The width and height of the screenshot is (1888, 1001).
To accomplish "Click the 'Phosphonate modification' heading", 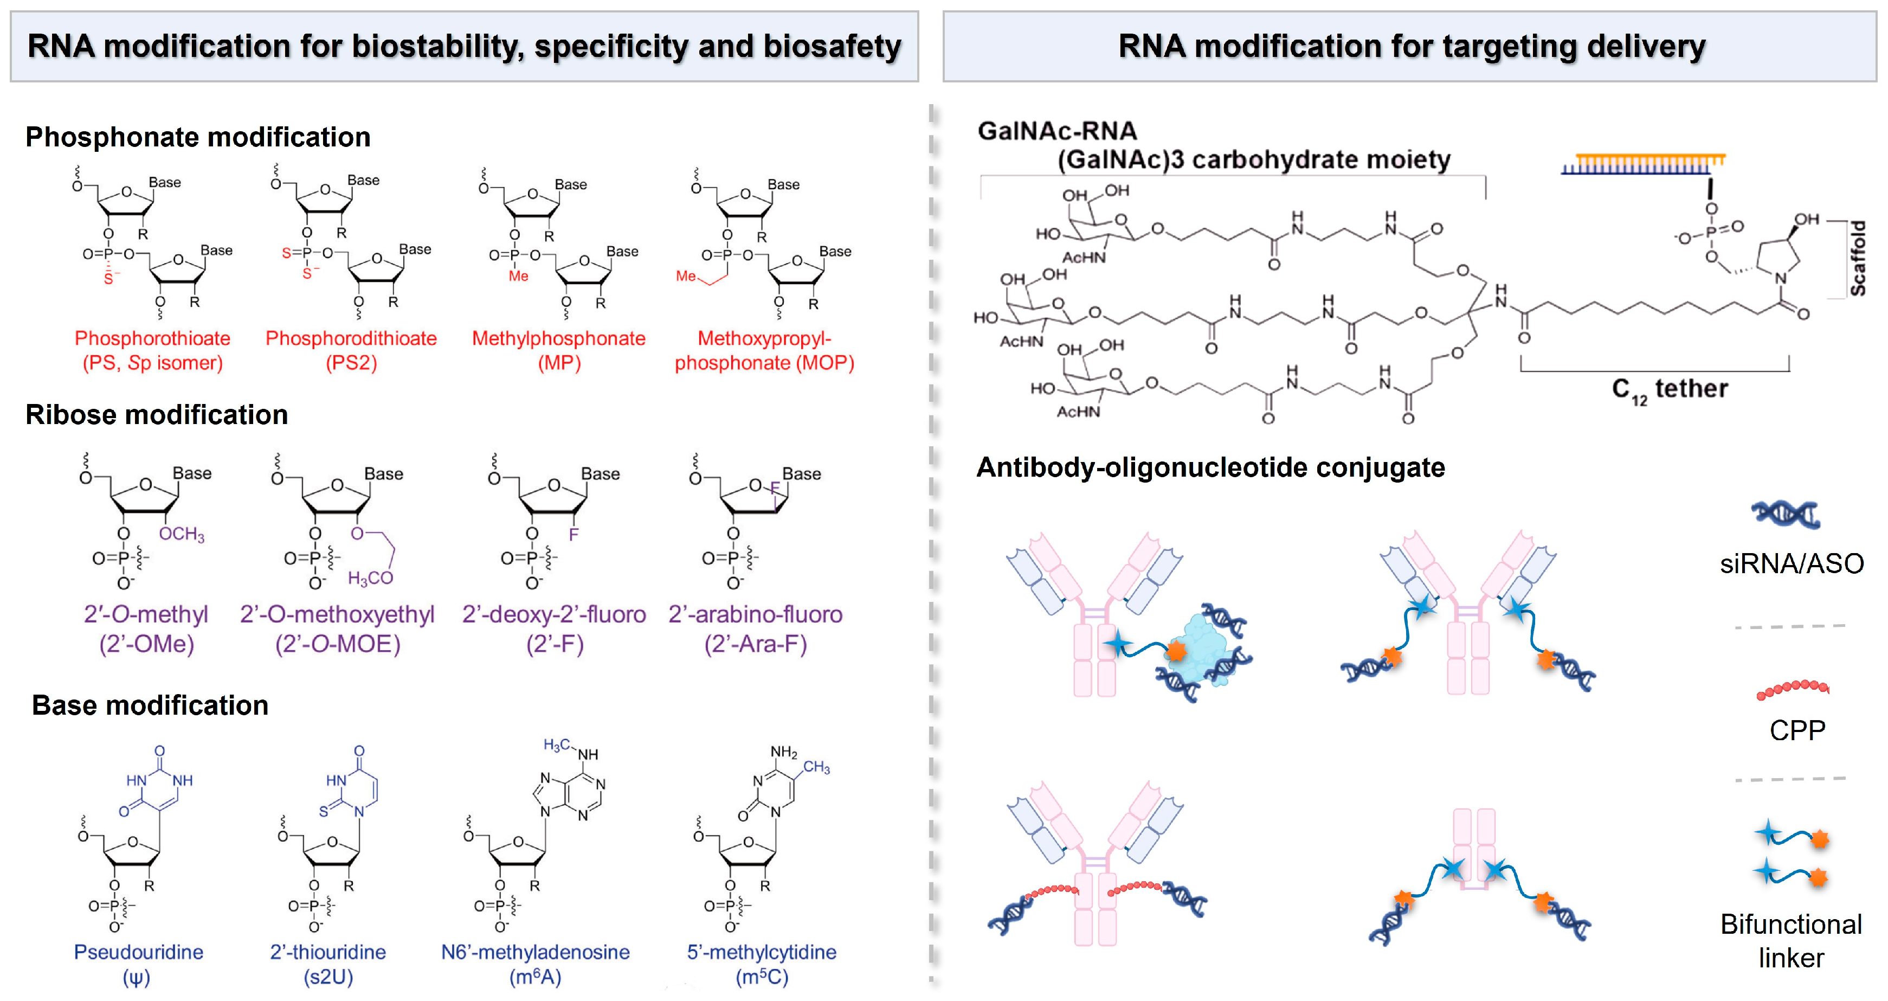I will [x=198, y=137].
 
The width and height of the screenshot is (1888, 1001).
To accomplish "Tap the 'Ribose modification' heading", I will [x=156, y=415].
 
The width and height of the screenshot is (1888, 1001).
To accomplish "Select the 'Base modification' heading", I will [x=150, y=705].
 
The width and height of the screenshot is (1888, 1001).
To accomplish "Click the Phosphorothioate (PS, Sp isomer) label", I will [x=152, y=350].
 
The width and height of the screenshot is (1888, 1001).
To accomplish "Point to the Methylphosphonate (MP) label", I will [x=558, y=350].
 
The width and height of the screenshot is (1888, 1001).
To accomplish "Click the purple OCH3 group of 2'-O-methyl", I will [x=182, y=534].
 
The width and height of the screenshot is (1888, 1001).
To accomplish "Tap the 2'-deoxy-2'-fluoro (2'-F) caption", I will [x=554, y=629].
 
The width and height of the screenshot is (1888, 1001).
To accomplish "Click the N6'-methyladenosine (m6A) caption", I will [x=535, y=964].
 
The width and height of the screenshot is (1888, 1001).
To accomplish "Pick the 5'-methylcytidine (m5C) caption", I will [x=762, y=964].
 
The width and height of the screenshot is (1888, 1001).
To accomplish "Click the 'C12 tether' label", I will [x=1669, y=389].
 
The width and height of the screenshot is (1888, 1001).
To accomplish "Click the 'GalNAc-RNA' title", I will [x=1057, y=131].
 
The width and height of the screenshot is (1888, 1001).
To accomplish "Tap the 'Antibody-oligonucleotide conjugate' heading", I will [x=1210, y=468].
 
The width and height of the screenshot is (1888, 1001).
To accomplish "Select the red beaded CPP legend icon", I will [x=1793, y=689].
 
